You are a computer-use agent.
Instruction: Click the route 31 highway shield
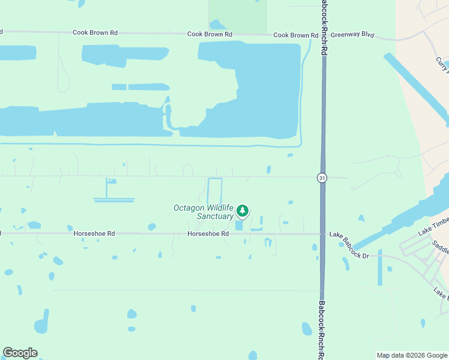322,178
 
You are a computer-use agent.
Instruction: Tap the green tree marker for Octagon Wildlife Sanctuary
243,211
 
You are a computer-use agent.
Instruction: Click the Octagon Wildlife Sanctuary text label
203,212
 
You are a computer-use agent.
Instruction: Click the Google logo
20,353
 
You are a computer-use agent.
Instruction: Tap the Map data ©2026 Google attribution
411,355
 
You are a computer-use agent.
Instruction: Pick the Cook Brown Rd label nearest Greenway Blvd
295,35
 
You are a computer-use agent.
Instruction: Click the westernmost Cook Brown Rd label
95,32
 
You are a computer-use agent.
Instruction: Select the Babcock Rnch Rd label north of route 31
323,27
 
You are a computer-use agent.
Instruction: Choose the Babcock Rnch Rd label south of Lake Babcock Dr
322,330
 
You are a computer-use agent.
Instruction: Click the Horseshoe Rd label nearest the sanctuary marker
208,233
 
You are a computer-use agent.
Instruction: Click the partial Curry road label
442,63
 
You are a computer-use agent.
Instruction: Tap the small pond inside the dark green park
217,25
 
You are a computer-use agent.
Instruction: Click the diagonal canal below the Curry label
416,89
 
